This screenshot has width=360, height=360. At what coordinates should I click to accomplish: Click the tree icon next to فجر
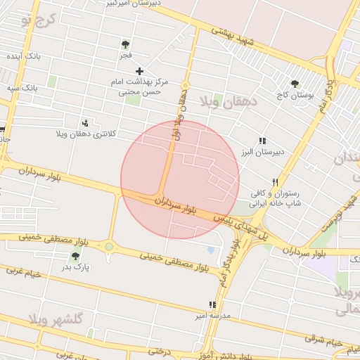[x=125, y=44]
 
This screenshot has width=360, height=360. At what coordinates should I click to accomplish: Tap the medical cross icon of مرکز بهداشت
[x=140, y=70]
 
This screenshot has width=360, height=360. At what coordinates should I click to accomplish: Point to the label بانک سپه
[x=22, y=88]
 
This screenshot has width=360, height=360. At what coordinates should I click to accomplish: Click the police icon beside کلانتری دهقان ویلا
[x=85, y=123]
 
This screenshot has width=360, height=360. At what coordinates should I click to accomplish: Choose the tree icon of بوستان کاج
[x=295, y=84]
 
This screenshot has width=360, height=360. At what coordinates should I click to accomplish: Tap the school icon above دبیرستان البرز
[x=262, y=141]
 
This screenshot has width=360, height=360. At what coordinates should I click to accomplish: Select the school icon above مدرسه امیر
[x=212, y=305]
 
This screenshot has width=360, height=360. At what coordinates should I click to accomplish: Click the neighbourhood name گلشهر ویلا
[x=56, y=319]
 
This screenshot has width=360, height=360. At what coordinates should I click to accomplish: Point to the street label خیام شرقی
[x=323, y=340]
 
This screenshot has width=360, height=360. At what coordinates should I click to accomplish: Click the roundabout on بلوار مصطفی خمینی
[x=109, y=246]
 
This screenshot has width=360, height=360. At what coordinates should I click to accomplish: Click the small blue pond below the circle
[x=211, y=250]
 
